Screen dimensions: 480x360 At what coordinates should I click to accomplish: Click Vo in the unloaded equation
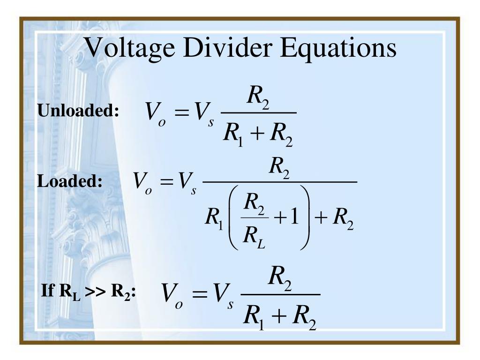point(155,113)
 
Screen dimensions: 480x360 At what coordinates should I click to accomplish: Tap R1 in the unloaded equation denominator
point(232,135)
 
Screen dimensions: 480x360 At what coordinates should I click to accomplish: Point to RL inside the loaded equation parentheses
point(253,234)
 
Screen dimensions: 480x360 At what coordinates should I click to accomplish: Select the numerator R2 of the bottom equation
point(280,280)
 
